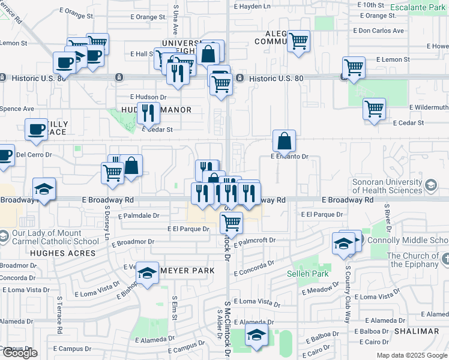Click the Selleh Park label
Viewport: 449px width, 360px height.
(312, 274)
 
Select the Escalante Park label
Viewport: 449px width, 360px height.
(417, 8)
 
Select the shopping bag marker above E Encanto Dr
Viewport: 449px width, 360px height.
(285, 141)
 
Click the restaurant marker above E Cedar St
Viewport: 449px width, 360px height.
(148, 113)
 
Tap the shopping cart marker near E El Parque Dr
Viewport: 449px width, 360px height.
(231, 223)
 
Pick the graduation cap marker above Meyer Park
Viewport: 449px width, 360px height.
(147, 273)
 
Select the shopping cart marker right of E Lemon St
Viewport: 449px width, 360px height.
(354, 67)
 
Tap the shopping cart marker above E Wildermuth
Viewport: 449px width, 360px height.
(374, 109)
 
